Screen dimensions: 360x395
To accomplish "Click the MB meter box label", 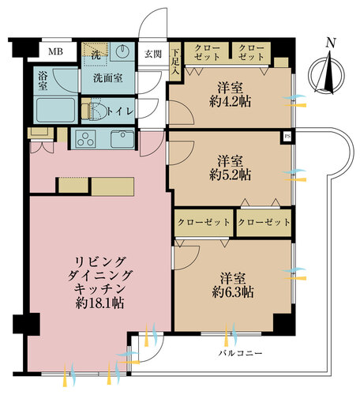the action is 55,51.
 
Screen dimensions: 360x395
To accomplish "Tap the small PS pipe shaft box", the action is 287,137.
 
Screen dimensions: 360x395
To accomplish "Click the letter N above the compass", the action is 331,43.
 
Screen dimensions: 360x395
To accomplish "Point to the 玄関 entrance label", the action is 153,55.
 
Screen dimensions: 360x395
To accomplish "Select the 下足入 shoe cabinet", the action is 175,62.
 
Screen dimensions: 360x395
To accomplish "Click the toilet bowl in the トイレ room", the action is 98,111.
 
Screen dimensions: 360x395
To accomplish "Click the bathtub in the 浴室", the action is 55,110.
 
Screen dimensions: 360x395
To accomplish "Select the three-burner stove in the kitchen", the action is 85,139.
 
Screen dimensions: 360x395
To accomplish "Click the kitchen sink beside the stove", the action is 122,139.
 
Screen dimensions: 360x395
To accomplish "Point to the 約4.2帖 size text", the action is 231,102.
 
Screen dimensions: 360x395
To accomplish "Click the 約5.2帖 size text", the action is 231,175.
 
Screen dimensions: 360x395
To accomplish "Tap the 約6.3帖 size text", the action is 233,292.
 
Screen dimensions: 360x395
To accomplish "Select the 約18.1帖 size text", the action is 100,303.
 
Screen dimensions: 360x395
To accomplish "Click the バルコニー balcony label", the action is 240,353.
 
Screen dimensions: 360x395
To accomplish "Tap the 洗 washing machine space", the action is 96,55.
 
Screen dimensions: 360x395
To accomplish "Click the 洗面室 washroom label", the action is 107,78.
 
